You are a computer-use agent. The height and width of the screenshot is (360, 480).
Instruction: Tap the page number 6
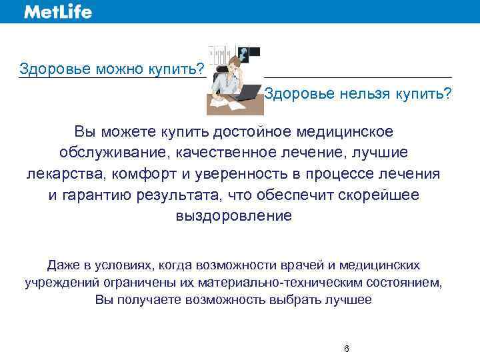(346, 349)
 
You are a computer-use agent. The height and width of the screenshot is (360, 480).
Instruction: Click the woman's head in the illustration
(233, 64)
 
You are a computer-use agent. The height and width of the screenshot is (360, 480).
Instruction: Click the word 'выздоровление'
(233, 216)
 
